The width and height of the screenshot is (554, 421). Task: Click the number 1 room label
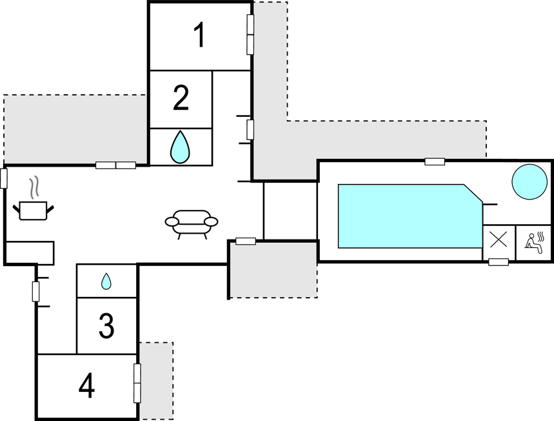pyautogui.click(x=200, y=36)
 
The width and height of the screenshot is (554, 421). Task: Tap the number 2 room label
pyautogui.click(x=181, y=98)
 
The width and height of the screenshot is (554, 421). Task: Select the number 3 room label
pyautogui.click(x=107, y=327)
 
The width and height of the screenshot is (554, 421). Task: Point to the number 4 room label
pyautogui.click(x=86, y=387)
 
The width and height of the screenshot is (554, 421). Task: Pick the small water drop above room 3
pyautogui.click(x=106, y=282)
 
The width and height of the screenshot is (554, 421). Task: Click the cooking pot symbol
pyautogui.click(x=33, y=210)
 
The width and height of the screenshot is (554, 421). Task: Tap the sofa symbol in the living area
pyautogui.click(x=192, y=223)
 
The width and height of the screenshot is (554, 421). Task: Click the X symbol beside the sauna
pyautogui.click(x=499, y=240)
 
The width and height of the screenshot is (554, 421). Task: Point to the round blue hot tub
pyautogui.click(x=529, y=181)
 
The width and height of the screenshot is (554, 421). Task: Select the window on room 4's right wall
pyautogui.click(x=137, y=382)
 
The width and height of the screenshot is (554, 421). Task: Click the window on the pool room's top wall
pyautogui.click(x=435, y=161)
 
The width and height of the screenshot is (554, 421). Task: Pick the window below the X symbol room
pyautogui.click(x=499, y=262)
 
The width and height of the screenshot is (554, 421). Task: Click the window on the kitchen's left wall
pyautogui.click(x=4, y=178)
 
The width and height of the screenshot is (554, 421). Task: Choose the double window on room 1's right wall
pyautogui.click(x=250, y=35)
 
